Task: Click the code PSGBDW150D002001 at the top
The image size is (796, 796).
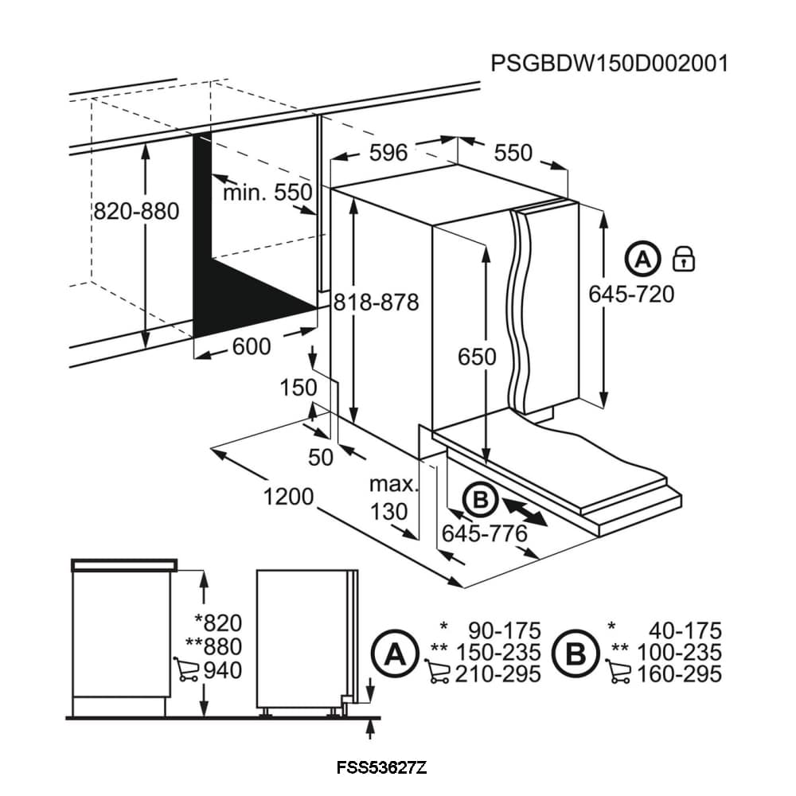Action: [x=609, y=64]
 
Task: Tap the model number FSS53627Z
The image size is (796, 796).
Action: [x=382, y=768]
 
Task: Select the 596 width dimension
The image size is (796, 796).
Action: [x=389, y=152]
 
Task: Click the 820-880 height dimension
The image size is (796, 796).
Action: [x=136, y=211]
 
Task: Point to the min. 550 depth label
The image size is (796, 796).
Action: [x=267, y=192]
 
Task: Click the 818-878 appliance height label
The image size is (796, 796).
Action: [x=376, y=302]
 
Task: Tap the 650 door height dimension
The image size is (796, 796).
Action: [x=477, y=356]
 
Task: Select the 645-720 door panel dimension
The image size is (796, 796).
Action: [x=631, y=294]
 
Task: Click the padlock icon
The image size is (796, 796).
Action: [x=684, y=258]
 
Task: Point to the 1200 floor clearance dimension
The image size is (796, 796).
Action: [x=288, y=496]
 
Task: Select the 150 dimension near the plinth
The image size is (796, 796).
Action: [x=298, y=388]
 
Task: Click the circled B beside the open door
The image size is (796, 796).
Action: [x=480, y=500]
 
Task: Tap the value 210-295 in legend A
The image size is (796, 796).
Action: [x=497, y=674]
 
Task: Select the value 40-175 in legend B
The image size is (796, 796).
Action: [x=684, y=631]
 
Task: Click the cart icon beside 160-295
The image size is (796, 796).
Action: [x=618, y=675]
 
